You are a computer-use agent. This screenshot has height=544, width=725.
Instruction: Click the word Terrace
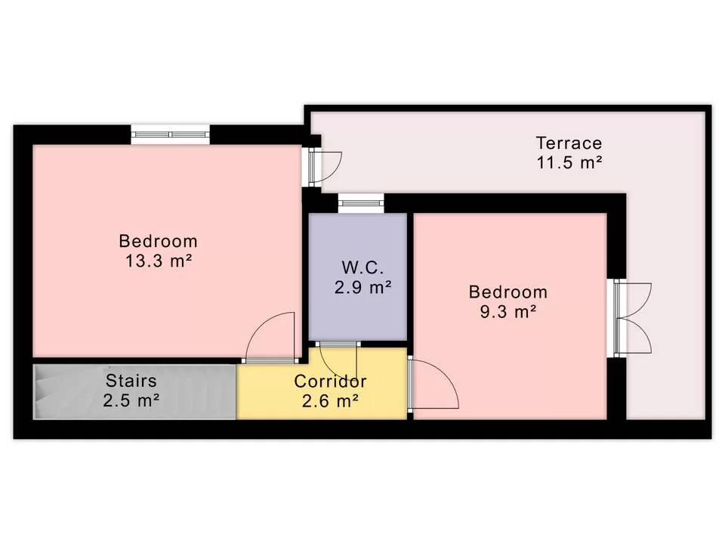569,143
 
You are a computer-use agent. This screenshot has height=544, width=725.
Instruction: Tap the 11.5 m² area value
569,162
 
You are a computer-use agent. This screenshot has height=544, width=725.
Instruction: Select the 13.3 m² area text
159,261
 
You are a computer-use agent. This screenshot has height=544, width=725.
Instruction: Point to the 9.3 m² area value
507,312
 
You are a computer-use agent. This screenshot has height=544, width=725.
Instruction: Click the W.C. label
362,267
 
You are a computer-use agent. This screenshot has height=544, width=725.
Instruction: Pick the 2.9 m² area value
363,287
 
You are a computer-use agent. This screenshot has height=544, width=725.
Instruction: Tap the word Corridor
330,381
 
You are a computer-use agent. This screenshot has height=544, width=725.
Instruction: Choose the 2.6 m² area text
330,400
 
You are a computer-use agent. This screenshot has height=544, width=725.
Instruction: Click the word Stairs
131,381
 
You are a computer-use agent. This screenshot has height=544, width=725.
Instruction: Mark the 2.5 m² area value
131,400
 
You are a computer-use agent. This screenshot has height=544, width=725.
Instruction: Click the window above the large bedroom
170,134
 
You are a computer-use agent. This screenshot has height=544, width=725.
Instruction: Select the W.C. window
361,203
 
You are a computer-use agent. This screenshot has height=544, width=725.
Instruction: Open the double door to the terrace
633,318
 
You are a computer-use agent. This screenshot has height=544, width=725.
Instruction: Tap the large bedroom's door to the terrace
325,166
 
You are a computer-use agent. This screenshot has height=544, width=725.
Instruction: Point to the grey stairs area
134,392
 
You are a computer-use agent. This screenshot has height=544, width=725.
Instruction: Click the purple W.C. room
358,277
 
